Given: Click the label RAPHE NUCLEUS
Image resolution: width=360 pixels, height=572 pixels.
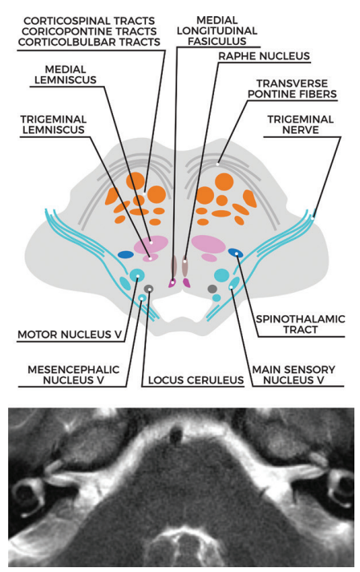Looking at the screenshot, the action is [264, 56].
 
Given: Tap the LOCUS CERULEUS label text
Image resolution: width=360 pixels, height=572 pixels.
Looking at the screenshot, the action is [196, 380].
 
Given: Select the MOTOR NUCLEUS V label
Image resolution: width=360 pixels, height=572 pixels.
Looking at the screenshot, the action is [70, 335].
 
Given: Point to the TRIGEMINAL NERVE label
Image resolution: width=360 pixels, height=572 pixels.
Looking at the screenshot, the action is [301, 125].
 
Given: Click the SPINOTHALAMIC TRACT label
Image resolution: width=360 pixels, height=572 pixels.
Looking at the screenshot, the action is [301, 324].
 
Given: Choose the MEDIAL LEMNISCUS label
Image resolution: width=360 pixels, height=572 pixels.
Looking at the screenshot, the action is [66, 75].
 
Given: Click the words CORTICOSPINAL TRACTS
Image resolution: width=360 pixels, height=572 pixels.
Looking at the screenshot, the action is [89, 21].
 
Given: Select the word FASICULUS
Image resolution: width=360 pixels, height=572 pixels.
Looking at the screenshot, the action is [217, 41].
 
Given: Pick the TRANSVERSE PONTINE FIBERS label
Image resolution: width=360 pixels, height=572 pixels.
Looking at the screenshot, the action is [292, 88].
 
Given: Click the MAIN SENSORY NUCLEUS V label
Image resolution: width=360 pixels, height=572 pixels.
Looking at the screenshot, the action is [293, 375].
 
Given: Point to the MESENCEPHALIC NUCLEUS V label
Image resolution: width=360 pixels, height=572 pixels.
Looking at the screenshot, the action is [74, 375].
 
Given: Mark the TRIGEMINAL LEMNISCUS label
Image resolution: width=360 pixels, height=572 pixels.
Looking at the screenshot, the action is [53, 124].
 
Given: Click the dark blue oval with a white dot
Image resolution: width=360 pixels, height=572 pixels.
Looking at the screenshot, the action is [236, 253].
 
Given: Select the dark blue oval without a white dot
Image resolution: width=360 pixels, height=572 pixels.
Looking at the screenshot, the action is [125, 254].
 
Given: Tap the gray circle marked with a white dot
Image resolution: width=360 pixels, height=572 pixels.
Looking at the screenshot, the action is [148, 289].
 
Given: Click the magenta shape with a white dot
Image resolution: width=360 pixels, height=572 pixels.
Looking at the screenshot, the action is [172, 282].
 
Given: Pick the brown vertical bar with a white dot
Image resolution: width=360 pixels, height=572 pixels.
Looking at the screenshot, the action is [185, 266].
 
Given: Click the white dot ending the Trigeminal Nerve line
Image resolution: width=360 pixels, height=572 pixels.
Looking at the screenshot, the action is [313, 218].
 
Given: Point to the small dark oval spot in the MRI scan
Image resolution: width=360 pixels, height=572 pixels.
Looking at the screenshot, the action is [176, 434].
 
